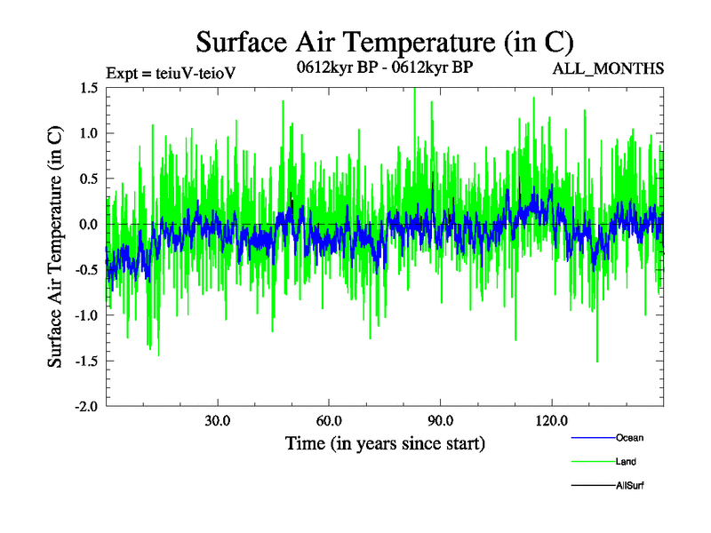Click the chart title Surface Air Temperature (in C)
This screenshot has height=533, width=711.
385,42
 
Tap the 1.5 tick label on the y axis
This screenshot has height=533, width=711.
88,88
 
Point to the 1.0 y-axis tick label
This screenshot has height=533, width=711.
88,133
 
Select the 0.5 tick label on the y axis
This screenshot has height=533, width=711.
88,179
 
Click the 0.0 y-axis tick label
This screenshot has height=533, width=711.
88,225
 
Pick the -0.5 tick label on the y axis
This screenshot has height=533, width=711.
86,270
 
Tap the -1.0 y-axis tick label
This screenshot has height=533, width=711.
86,315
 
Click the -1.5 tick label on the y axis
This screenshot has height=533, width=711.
86,361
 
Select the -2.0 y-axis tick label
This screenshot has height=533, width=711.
86,406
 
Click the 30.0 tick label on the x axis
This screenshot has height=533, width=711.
218,421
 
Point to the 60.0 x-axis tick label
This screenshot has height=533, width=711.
329,421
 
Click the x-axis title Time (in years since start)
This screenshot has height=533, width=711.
385,442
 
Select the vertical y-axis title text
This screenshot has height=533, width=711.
55,247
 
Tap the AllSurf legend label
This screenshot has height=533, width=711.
629,485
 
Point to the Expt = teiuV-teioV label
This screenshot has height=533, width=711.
171,72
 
